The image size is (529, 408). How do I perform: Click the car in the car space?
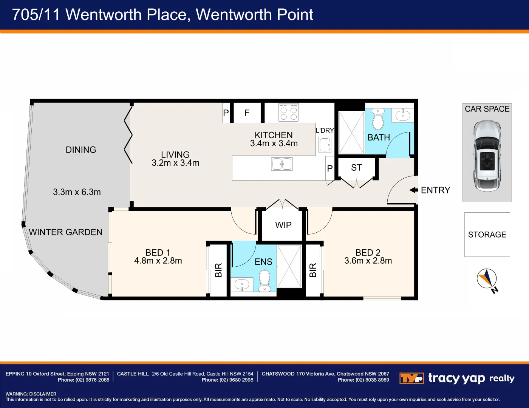click(x=487, y=156)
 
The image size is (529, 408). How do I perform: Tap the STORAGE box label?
click(x=487, y=235)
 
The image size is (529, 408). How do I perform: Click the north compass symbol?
click(x=487, y=279)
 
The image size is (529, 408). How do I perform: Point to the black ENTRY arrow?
click(x=414, y=190)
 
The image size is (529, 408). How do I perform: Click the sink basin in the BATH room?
click(x=402, y=115)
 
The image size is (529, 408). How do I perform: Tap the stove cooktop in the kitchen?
click(x=289, y=113)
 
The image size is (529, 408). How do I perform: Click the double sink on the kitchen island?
click(x=282, y=164)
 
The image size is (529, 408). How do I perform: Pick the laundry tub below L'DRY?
click(x=325, y=145)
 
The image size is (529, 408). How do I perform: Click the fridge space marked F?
click(x=247, y=113)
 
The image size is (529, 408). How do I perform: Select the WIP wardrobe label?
click(x=283, y=225)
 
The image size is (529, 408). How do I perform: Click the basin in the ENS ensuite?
click(x=241, y=284)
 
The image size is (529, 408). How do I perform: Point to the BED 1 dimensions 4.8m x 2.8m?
click(x=158, y=261)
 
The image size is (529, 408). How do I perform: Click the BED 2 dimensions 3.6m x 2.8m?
click(x=368, y=261)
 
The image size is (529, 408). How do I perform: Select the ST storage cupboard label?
click(x=356, y=168)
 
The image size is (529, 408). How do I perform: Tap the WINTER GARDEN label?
click(x=66, y=232)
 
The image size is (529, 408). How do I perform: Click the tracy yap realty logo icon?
click(x=411, y=378)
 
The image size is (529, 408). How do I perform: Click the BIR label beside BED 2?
click(x=313, y=270)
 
